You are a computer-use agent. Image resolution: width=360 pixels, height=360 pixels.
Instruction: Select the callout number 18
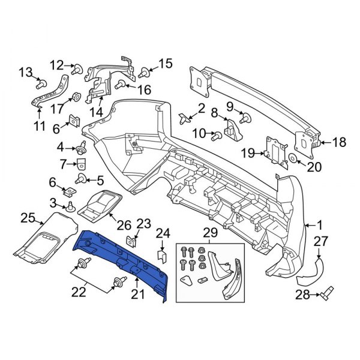339,142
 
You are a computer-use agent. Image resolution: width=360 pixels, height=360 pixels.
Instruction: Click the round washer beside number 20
293,158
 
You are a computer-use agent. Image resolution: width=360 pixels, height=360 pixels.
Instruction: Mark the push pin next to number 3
71,207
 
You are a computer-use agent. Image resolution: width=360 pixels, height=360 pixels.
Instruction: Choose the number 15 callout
164,64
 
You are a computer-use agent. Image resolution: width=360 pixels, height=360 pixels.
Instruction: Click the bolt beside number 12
78,69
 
